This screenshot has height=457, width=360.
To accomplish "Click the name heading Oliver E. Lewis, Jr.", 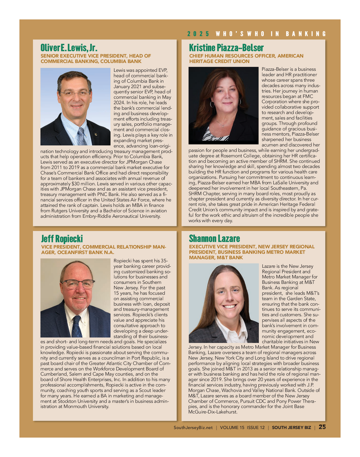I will click(69, 48).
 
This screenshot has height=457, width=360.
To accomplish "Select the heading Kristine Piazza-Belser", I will click(226, 48).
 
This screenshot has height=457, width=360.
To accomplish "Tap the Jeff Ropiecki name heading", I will click(62, 239).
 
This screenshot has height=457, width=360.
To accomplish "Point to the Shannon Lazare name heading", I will click(214, 239).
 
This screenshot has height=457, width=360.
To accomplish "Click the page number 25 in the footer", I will click(322, 427).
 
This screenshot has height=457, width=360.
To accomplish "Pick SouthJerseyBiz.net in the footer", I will click(193, 428).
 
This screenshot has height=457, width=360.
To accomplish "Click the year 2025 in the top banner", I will click(198, 34).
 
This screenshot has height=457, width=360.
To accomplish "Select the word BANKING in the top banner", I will click(306, 34).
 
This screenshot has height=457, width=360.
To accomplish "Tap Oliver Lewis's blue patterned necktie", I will click(82, 136).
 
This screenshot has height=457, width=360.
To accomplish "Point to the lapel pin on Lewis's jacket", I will click(96, 134).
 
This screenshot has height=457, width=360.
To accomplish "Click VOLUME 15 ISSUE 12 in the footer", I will click(242, 428).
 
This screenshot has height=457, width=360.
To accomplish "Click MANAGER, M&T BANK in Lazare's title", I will click(216, 258).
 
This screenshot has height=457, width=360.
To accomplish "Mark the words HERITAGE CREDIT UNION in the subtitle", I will click(219, 61).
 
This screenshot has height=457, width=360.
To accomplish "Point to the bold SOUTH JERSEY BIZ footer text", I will click(292, 428).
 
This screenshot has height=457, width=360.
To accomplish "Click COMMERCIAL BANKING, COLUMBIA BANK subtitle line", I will click(91, 61).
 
